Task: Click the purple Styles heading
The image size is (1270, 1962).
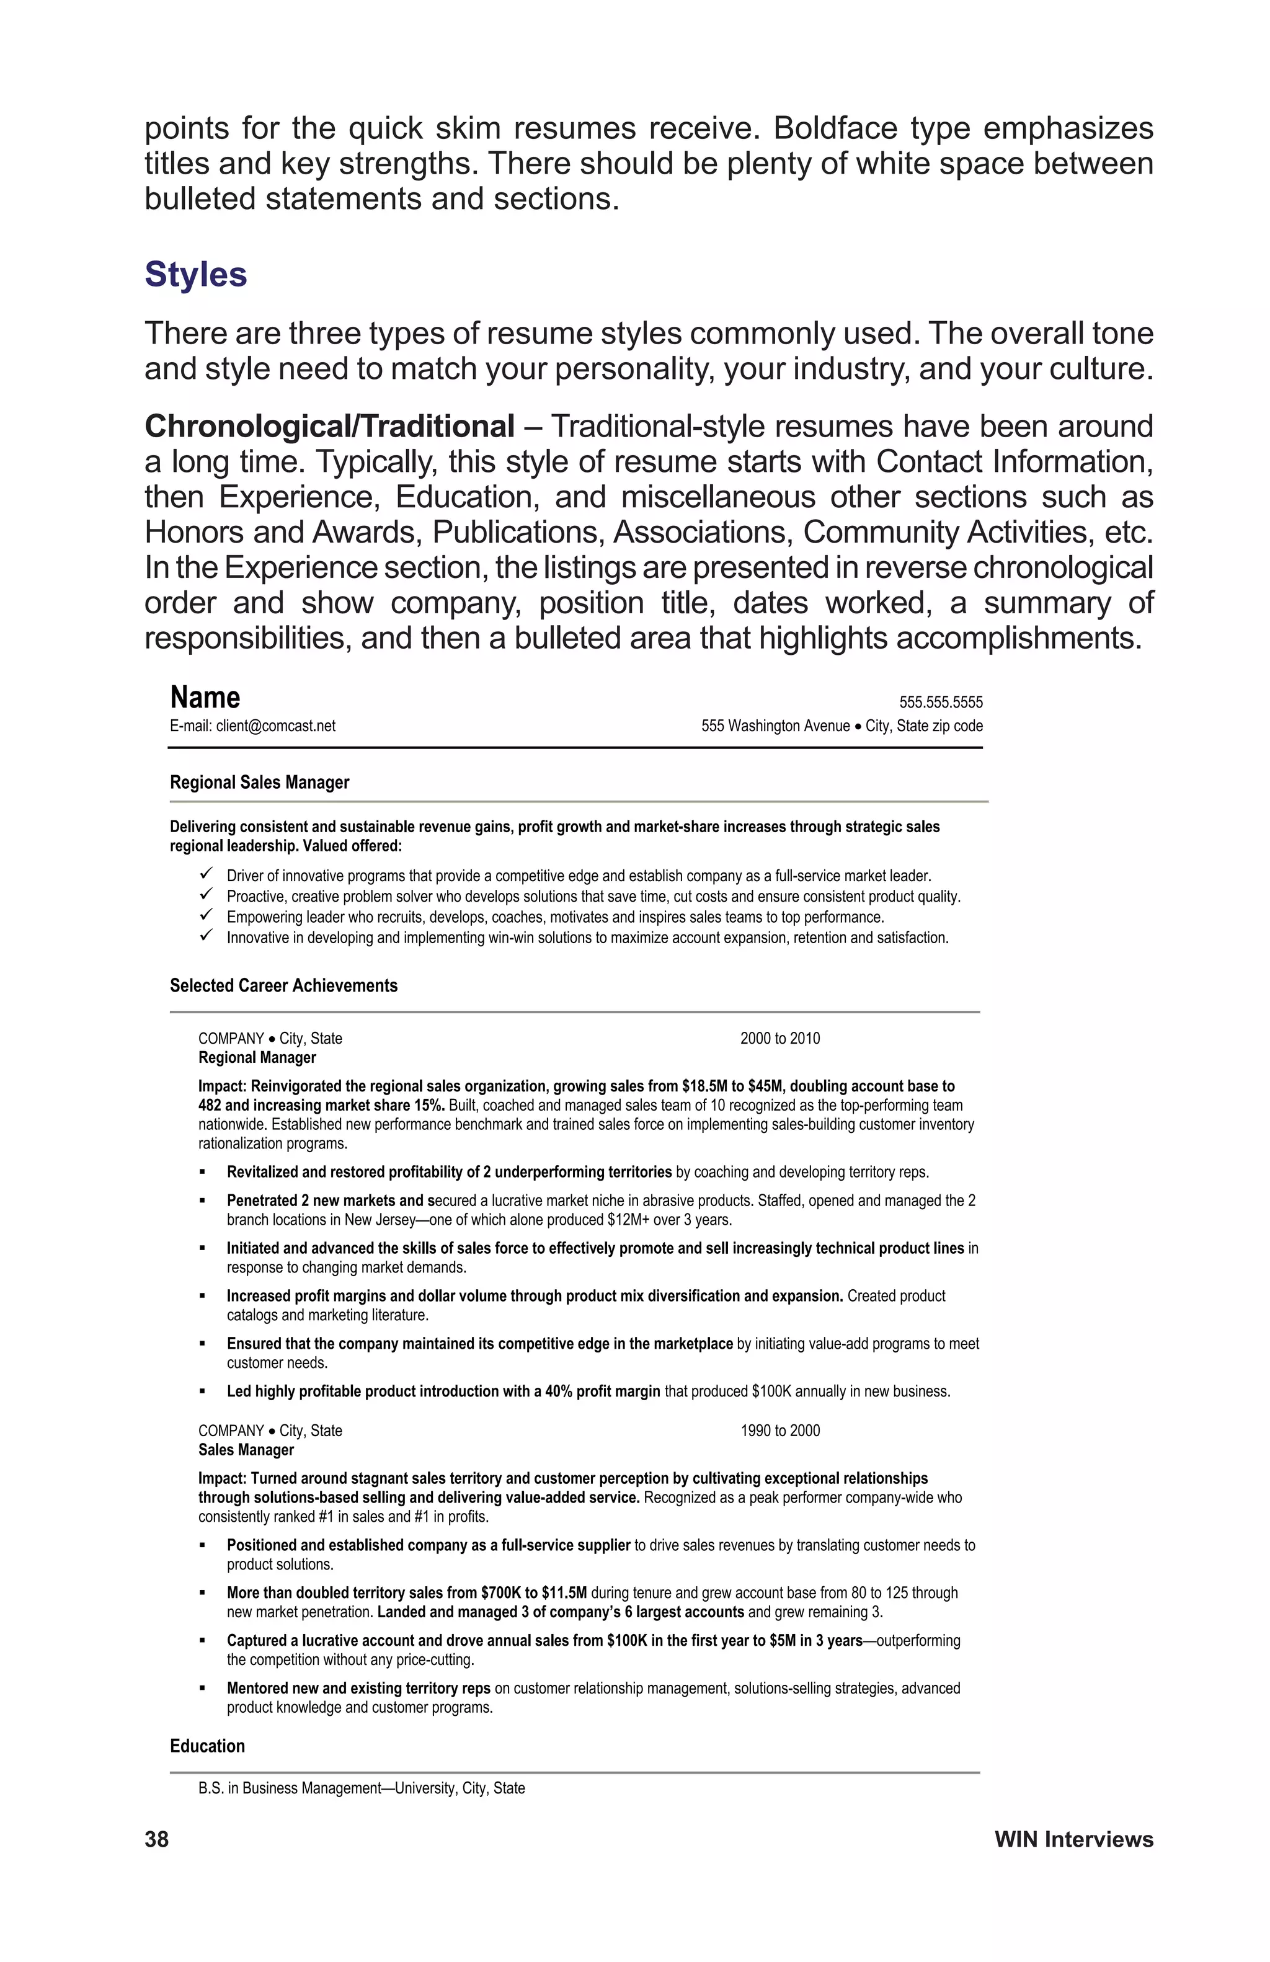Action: point(195,275)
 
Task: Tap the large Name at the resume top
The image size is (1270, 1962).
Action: point(205,698)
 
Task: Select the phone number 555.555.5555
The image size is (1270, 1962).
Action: point(940,703)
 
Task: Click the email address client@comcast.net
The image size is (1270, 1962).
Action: point(275,726)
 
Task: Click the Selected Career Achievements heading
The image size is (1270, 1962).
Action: point(283,985)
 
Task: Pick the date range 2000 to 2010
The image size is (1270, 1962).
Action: point(779,1038)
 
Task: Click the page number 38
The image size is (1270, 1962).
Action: point(157,1839)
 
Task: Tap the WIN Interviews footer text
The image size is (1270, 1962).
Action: point(1073,1839)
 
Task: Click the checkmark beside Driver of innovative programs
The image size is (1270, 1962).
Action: point(207,873)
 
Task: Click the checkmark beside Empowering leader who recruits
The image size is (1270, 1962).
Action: point(207,914)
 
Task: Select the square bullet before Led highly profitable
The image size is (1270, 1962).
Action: point(202,1392)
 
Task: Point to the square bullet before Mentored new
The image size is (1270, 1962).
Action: point(202,1689)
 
